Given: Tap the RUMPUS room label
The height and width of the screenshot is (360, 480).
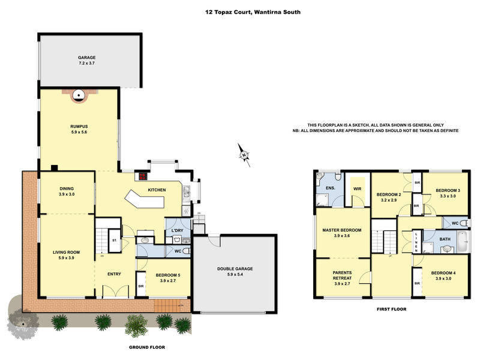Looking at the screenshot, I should (x=79, y=126).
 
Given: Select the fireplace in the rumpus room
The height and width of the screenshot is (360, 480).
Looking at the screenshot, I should (x=79, y=94).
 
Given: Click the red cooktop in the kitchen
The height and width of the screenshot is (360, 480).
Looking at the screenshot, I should (x=143, y=176).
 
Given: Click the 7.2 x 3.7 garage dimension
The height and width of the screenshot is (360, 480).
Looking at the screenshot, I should (x=88, y=62).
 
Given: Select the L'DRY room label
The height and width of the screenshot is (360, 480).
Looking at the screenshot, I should (x=177, y=231).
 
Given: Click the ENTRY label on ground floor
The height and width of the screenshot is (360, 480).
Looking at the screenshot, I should (x=114, y=274).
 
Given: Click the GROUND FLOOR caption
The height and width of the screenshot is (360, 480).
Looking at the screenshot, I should (x=147, y=347).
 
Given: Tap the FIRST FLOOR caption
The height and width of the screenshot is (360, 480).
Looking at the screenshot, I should (x=391, y=310).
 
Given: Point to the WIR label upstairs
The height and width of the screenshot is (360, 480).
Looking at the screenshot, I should (x=358, y=188).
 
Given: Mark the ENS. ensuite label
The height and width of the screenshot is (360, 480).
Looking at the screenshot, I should (x=329, y=188).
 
